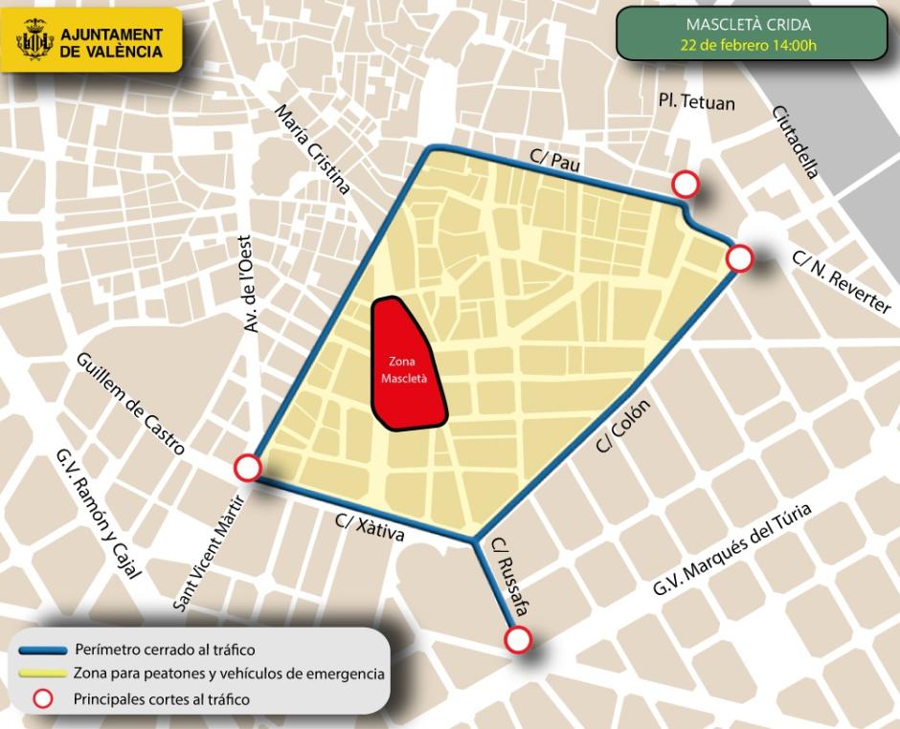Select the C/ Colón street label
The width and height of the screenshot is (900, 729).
(x=623, y=426)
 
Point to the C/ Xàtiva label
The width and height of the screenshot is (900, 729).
(x=370, y=528)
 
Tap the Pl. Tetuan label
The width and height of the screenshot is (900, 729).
(x=696, y=100)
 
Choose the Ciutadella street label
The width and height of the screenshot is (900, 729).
(x=795, y=142)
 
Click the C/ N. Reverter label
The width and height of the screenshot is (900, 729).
(x=842, y=282)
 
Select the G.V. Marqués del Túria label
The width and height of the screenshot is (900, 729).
(x=732, y=550)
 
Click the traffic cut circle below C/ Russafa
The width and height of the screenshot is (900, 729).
(x=519, y=639)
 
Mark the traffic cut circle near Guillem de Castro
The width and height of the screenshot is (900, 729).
(x=248, y=467)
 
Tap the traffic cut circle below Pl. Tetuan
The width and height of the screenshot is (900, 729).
(x=686, y=184)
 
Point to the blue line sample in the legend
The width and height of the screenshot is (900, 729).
(x=44, y=650)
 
